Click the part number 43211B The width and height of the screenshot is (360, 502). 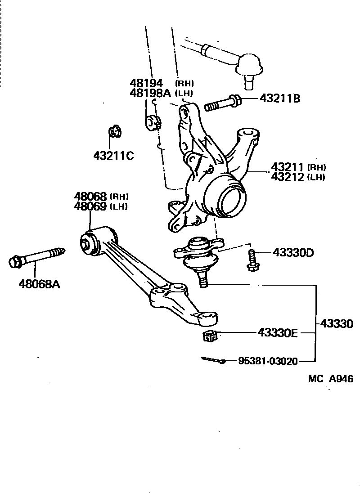[279, 98]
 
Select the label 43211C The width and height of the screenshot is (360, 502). [114, 156]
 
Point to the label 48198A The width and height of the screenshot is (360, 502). [150, 93]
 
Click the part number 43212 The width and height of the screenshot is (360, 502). [288, 177]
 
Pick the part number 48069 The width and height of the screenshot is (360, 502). [90, 206]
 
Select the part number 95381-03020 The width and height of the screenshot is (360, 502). [268, 361]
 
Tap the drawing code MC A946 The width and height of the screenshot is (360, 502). [330, 379]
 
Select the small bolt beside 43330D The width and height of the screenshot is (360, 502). [252, 261]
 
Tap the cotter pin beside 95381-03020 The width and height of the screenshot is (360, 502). [214, 360]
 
